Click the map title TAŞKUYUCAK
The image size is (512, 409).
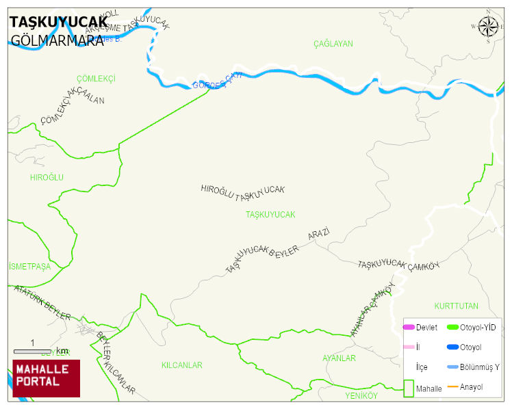click(58, 23)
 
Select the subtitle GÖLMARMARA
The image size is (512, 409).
click(57, 40)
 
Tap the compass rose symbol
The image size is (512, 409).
click(488, 27)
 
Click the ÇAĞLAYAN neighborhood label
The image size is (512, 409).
click(333, 44)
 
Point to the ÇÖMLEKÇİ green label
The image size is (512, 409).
click(96, 79)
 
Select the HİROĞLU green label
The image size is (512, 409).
click(47, 177)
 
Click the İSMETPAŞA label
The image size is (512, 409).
click(30, 267)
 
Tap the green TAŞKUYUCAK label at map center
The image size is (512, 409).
click(270, 215)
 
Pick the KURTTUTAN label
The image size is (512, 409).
click(456, 306)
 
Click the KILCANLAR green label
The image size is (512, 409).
click(181, 365)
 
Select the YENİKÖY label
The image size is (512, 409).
click(361, 396)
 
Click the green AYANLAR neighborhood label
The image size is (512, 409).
click(339, 358)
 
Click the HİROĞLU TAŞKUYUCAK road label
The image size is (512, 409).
click(242, 192)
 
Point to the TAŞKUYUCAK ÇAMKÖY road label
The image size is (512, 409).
click(398, 265)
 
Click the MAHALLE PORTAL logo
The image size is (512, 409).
click(47, 378)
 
